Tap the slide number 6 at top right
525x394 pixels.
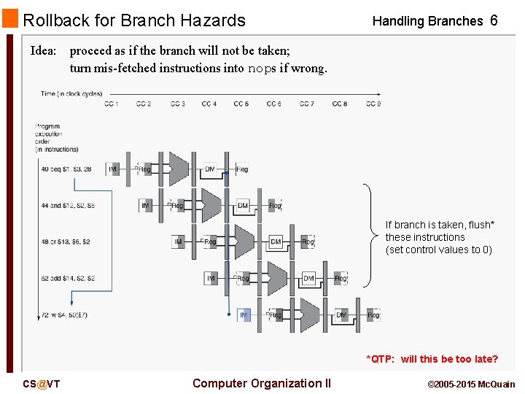click(x=494, y=20)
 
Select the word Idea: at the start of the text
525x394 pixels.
click(x=44, y=51)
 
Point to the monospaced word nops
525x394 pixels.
click(x=262, y=69)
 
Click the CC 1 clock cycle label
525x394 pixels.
click(x=111, y=104)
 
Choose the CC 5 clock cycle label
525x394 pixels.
click(x=241, y=104)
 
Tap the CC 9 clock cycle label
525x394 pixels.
click(x=373, y=104)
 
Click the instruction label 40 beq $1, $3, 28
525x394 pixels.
click(x=66, y=169)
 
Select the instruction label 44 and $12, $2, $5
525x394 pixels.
click(x=68, y=206)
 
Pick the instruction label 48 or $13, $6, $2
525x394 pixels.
click(x=66, y=242)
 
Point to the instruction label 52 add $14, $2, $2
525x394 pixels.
click(x=68, y=279)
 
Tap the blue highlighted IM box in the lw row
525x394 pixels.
click(x=244, y=315)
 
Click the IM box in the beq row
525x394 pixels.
click(x=113, y=169)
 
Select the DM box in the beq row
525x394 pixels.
click(x=210, y=169)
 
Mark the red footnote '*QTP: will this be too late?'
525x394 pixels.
click(x=432, y=359)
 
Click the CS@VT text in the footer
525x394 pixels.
click(x=42, y=384)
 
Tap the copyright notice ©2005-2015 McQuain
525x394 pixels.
click(x=470, y=384)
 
